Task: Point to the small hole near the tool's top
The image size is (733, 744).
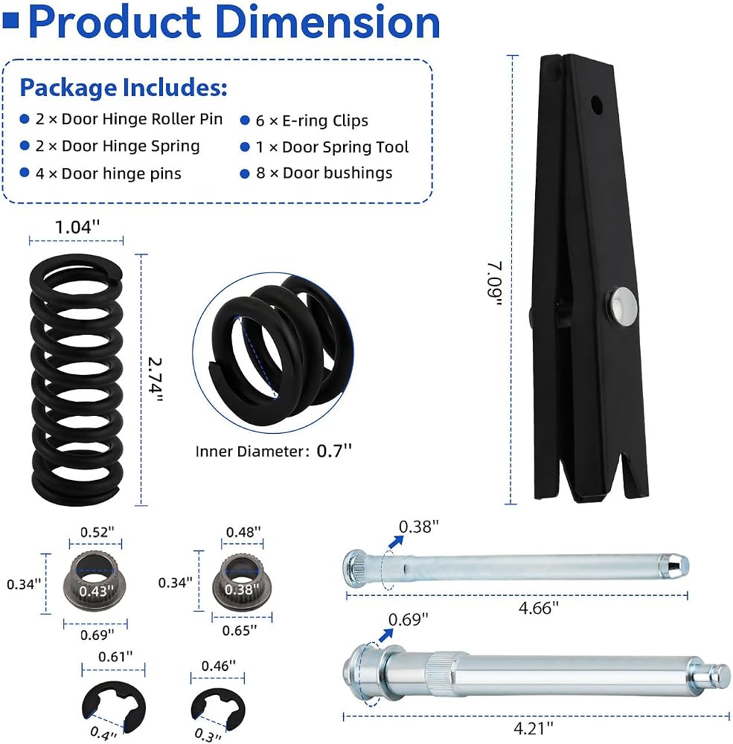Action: coord(596,105)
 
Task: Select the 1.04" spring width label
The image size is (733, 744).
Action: coord(77,227)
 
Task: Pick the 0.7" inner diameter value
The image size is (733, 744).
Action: coord(334,451)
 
